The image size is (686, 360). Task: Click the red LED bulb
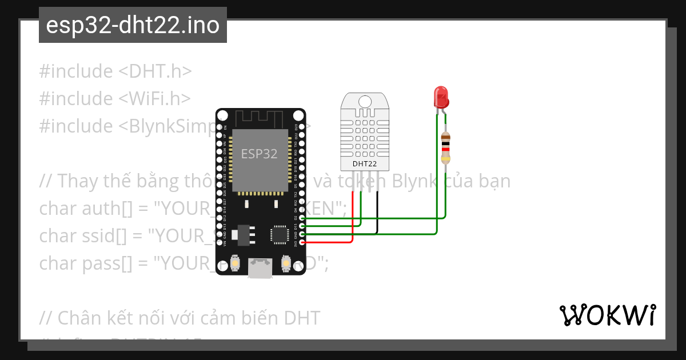tap(441, 97)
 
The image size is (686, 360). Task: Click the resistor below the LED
tap(446, 147)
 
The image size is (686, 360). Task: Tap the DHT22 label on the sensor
tap(364, 163)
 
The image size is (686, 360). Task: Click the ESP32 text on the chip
tap(259, 154)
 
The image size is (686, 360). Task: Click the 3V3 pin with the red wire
tap(302, 243)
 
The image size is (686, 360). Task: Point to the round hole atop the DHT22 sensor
tap(364, 102)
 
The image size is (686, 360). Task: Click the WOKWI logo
tap(607, 315)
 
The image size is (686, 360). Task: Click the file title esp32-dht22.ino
tap(133, 26)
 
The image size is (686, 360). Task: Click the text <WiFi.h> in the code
tap(154, 99)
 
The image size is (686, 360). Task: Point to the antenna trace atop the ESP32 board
tap(260, 118)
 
